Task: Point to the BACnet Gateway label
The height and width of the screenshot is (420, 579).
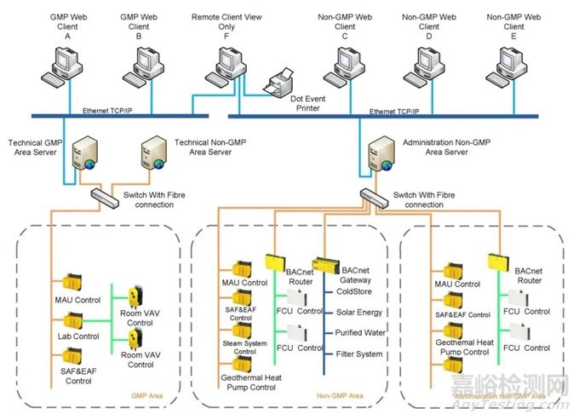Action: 357,272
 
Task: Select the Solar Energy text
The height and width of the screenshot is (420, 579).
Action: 359,313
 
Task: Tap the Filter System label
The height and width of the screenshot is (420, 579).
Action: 360,354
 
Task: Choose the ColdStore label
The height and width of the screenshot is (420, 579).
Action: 356,291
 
